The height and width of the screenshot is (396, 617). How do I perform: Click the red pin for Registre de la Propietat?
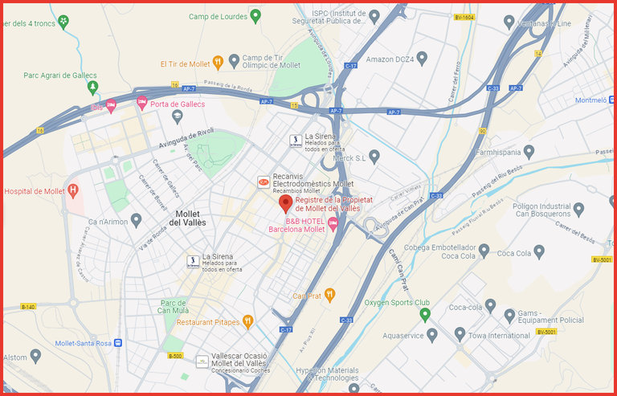click(285, 202)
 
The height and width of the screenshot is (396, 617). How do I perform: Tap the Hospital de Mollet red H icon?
click(73, 190)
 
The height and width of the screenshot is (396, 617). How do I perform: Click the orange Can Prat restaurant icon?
click(329, 296)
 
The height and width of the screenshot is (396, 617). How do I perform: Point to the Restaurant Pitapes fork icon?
click(247, 321)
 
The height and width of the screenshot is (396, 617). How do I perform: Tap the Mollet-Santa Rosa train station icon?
click(119, 342)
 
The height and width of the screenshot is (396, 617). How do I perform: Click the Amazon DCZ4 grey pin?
click(422, 58)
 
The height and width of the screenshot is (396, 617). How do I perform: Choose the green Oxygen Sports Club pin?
click(426, 313)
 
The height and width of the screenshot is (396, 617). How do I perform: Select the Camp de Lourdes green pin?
click(255, 14)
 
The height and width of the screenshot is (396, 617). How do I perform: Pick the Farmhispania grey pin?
click(529, 150)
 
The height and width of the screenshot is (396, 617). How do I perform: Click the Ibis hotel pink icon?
click(112, 106)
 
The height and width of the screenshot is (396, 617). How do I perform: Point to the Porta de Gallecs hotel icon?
click(142, 103)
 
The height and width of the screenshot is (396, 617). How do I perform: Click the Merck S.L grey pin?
click(374, 155)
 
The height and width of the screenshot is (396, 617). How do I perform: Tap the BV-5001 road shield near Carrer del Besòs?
click(602, 259)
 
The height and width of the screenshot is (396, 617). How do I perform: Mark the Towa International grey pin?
click(460, 333)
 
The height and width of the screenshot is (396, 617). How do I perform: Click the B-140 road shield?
click(28, 307)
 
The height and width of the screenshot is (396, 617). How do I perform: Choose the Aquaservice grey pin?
click(431, 333)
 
